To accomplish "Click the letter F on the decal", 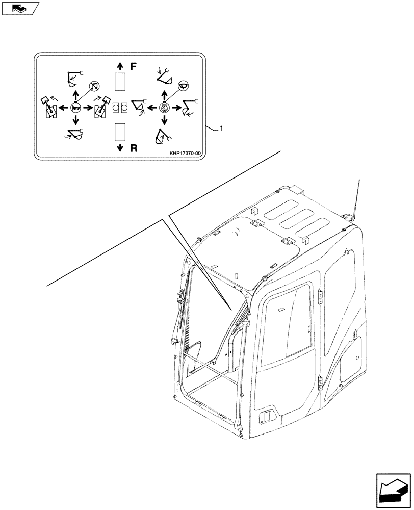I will point(134,66).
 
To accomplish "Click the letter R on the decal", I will point(134,148).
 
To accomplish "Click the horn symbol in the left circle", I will point(75,108).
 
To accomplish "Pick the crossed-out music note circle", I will point(93,86).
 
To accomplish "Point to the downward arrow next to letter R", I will point(120,148).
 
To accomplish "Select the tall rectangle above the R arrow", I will point(120,132).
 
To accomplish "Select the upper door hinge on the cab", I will point(320,296).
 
